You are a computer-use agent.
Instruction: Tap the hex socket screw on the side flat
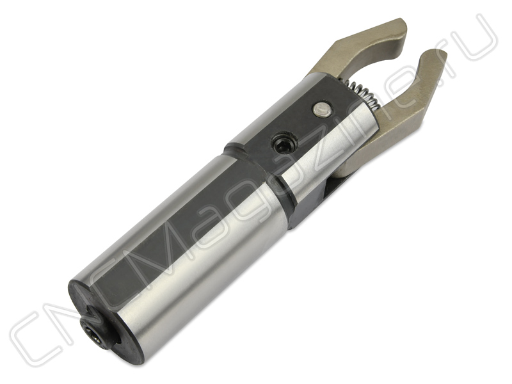pos(285,145)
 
